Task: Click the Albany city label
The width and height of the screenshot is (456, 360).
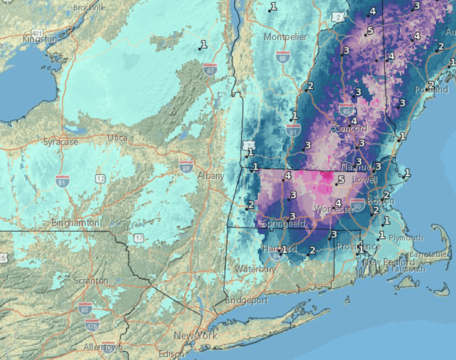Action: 211,176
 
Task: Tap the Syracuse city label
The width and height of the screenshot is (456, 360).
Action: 61,142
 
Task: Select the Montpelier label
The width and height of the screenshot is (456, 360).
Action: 285,37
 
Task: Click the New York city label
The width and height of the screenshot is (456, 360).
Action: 195,335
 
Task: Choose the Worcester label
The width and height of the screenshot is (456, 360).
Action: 334,209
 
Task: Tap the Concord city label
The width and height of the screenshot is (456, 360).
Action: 350,129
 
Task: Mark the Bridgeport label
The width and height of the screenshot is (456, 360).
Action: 247,300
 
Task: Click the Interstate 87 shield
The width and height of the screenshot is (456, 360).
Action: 210,69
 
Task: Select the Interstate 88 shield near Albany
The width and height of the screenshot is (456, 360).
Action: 186,167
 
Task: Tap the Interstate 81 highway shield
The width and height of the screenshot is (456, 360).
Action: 62,181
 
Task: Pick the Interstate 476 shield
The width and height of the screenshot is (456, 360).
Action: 93,324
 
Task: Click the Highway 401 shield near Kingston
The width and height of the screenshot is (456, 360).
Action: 37,33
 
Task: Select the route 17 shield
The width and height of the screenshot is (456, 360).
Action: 139,238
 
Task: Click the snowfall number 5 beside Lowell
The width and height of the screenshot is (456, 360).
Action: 341,180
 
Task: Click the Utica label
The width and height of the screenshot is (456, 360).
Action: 118,138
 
